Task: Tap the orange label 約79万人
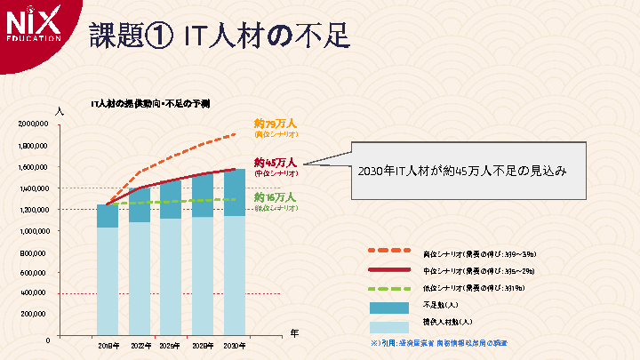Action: (x=275, y=124)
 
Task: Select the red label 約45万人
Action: (x=275, y=164)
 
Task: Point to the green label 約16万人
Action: (x=275, y=197)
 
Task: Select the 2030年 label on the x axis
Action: (x=235, y=345)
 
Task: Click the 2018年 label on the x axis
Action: (x=108, y=345)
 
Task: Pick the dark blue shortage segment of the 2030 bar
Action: (x=235, y=192)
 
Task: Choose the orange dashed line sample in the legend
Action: (x=388, y=252)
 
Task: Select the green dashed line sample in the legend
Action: (x=388, y=288)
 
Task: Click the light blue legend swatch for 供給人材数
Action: (x=388, y=324)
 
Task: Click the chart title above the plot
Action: (x=150, y=104)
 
